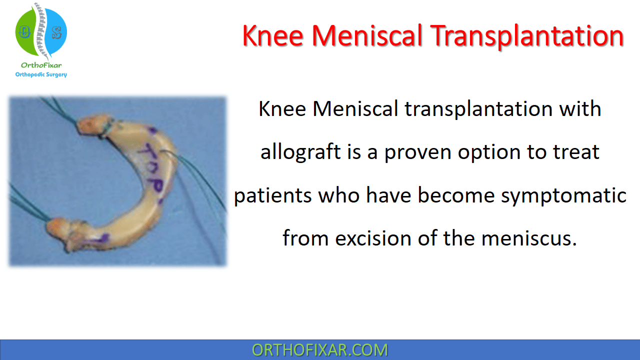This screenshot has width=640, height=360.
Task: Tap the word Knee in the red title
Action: coord(273,35)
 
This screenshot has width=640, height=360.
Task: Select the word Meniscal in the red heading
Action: coord(367,35)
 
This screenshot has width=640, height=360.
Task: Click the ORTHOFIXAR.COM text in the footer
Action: coord(319,350)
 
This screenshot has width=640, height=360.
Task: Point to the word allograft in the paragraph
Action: coord(300,151)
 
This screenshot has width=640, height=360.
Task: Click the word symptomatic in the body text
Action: coord(563,196)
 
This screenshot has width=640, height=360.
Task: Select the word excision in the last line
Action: coord(373,238)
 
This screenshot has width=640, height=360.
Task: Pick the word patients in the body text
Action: coord(272,196)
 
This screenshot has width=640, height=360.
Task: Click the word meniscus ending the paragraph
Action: coord(529,238)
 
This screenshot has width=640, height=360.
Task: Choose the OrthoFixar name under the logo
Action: coord(41,65)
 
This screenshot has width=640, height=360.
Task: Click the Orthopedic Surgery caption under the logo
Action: coord(41,74)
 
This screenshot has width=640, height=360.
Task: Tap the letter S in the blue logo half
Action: coord(56,33)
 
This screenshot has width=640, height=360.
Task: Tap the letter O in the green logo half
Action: coord(24,31)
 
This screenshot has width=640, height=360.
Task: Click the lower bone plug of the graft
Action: coord(63,232)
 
